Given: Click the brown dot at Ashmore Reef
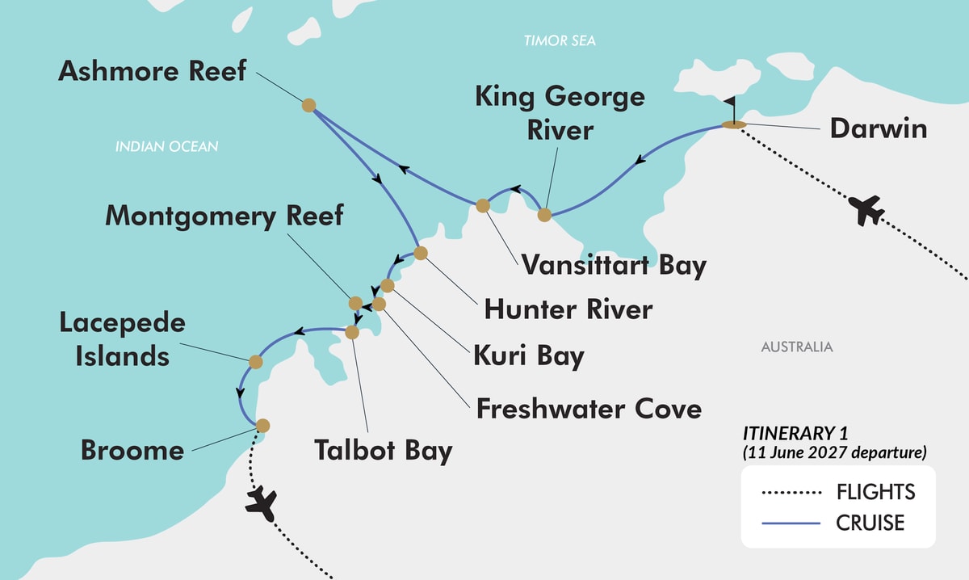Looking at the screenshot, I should click(308, 104).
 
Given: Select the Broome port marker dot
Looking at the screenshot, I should click(262, 425).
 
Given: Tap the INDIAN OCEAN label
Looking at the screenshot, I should click(166, 146).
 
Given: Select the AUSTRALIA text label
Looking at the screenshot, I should click(796, 347).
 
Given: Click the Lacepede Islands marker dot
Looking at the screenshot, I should click(255, 362).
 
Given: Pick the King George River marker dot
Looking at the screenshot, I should click(544, 215).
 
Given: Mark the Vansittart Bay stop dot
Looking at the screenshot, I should click(483, 205).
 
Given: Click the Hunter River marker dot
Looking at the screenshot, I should click(420, 253).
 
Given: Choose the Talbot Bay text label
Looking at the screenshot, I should click(383, 450).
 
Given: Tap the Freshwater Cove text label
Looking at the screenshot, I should click(588, 408).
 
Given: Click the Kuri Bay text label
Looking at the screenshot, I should click(530, 356).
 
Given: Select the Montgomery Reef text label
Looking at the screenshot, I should click(224, 216).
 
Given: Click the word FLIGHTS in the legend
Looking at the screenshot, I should click(875, 491).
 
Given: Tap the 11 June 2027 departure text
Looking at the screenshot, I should click(834, 452).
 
